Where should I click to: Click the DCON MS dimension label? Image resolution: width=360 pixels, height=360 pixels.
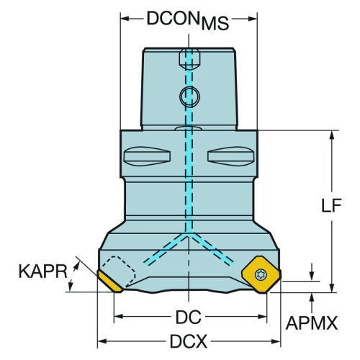pyautogui.click(x=188, y=21)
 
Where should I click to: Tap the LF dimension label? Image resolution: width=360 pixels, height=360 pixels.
pyautogui.click(x=331, y=206)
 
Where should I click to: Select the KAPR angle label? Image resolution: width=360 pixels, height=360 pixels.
pyautogui.click(x=43, y=271)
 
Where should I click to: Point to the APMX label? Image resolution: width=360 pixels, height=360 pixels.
pyautogui.click(x=312, y=323)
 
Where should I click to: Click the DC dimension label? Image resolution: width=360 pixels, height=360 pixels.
pyautogui.click(x=189, y=317)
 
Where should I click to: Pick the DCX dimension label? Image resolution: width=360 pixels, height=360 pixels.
pyautogui.click(x=189, y=341)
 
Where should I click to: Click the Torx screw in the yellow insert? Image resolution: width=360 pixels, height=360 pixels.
pyautogui.click(x=260, y=274)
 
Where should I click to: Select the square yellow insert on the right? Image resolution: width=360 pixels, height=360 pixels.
pyautogui.click(x=261, y=274)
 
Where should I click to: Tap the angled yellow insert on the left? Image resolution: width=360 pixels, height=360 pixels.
pyautogui.click(x=109, y=282)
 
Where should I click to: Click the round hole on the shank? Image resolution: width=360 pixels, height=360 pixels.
pyautogui.click(x=189, y=96)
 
